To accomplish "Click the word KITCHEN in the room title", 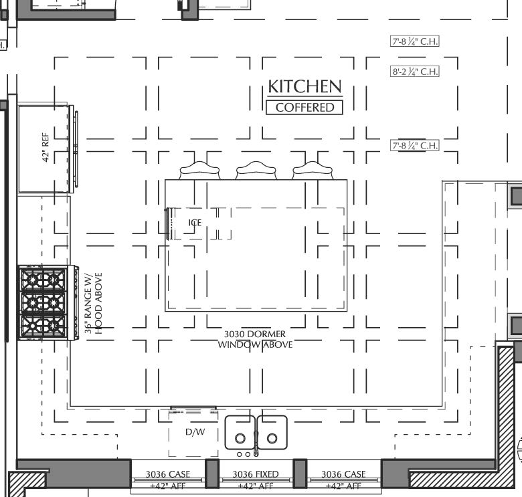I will point(304,86).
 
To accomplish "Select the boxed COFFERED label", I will point(304,107).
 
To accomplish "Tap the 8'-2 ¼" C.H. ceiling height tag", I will point(415,72).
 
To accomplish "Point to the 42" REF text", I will point(46,148).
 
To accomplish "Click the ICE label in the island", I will point(194,223).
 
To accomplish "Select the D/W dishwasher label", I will point(195,432).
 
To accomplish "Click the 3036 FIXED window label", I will point(256,474).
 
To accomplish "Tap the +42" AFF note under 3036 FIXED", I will point(256,486).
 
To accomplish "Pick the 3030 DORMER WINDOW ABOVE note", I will point(255,339).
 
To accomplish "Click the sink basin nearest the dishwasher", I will point(240,433).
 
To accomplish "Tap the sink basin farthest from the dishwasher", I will point(272,433).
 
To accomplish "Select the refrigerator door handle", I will point(76,148).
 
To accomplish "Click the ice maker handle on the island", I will point(168,223).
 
